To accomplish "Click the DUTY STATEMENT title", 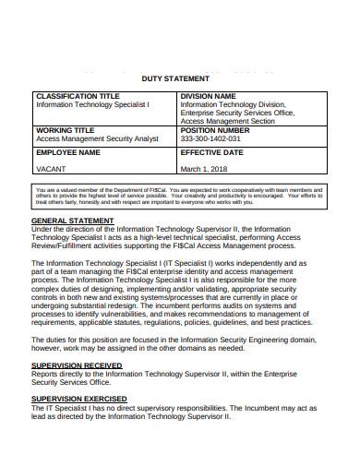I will [179, 79].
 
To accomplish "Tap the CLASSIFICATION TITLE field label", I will [78, 96].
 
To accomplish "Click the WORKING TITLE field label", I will [66, 130].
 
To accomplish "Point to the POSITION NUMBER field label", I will [218, 130].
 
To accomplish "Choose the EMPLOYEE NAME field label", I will [67, 151].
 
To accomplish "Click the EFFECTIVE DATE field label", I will [217, 151].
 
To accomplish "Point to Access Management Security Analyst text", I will [97, 138].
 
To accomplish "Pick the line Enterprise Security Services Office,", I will [237, 113].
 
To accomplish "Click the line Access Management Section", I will [228, 121].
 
